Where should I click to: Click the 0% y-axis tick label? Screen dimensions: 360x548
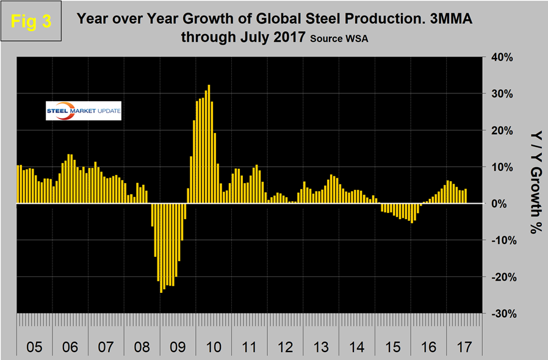pyautogui.click(x=504, y=204)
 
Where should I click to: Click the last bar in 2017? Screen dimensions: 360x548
pyautogui.click(x=466, y=196)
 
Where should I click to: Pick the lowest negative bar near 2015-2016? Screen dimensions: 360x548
pyautogui.click(x=412, y=213)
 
